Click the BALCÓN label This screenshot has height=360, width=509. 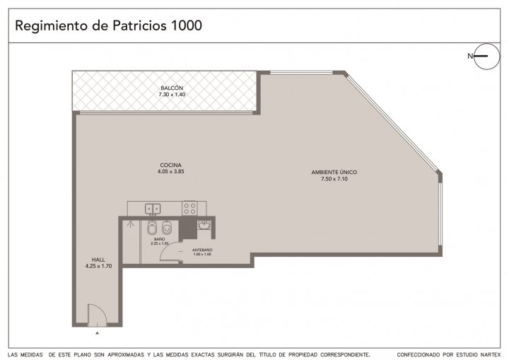(172, 88)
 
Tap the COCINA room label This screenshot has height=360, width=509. (171, 165)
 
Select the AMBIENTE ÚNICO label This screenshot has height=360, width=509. (334, 172)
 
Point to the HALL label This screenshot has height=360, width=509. (98, 260)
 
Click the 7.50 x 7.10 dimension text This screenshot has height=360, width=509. (334, 179)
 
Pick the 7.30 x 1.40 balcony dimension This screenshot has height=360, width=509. (172, 95)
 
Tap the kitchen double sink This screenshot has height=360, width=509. (153, 209)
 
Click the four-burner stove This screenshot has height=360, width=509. (190, 208)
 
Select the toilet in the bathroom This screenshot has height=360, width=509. (167, 228)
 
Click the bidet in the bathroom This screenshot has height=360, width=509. (151, 228)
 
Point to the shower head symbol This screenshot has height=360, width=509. (131, 223)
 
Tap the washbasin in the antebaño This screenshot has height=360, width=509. (204, 225)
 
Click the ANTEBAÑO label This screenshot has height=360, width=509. (202, 250)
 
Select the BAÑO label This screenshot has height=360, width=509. (159, 239)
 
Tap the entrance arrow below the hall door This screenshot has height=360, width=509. (97, 332)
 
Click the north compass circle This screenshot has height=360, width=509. (487, 56)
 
